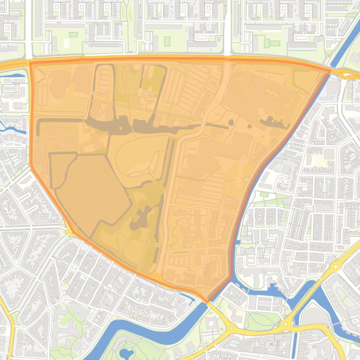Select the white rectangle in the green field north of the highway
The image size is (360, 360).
[x=66, y=43]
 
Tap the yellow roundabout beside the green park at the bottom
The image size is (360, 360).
[x=285, y=324]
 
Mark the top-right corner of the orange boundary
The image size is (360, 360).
[x=330, y=71]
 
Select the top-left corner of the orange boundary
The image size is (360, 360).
[x=30, y=62]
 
